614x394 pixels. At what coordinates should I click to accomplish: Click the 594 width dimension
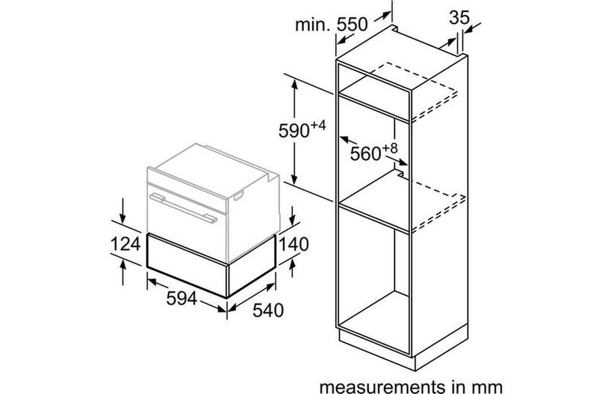[182, 299]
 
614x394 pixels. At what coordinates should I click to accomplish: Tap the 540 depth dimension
[268, 310]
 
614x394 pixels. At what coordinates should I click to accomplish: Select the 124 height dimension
[126, 244]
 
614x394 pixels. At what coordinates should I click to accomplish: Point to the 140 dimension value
[293, 244]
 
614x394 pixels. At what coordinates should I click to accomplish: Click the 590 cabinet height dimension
[294, 130]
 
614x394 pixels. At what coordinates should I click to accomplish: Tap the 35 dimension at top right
[459, 17]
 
